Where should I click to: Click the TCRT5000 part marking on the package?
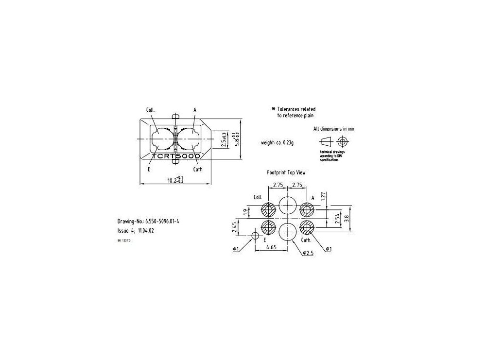pos(176,157)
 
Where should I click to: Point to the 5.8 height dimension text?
pos(237,138)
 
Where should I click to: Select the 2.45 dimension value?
pos(234,227)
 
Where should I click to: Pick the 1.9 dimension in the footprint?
pos(244,211)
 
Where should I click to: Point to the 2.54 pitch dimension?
pos(337,219)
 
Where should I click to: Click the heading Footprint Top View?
pos(286,172)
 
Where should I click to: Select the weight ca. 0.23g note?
pos(278,143)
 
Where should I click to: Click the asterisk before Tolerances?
pos(273,109)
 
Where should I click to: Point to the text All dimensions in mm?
pos(333,129)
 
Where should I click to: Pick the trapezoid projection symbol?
pos(325,141)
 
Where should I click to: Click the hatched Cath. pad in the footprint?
pos(307,227)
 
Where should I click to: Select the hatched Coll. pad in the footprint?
pos(268,210)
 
